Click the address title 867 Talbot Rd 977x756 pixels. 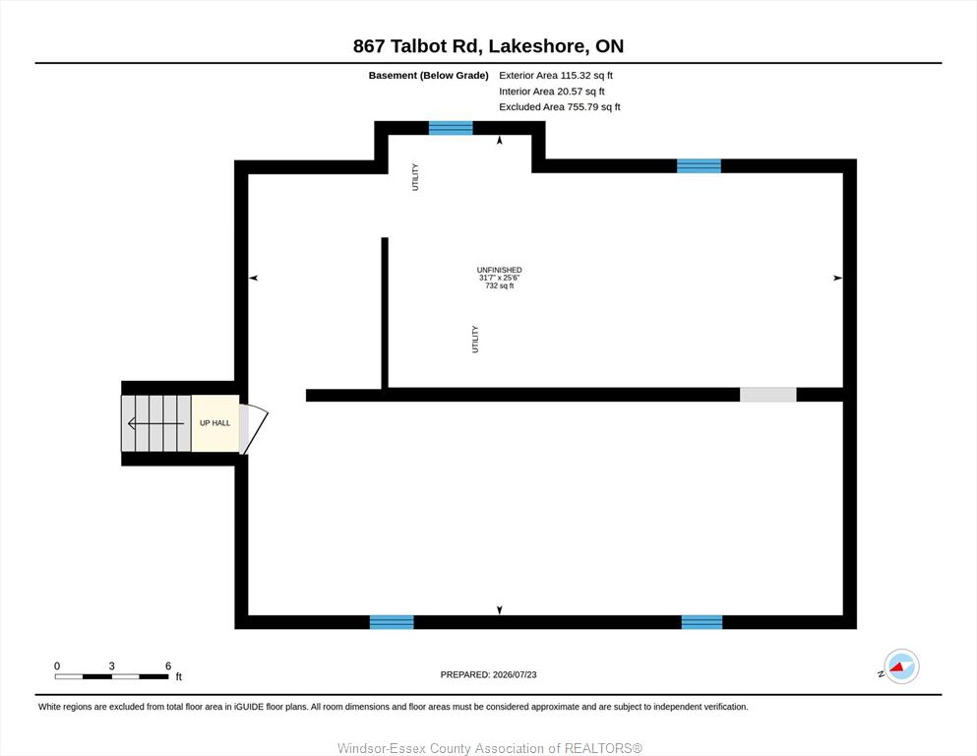coord(416,46)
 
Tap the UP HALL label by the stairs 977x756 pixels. coord(214,423)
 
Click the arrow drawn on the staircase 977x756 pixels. coord(155,424)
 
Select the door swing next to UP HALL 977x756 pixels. coord(254,429)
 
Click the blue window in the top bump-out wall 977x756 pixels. coord(451,128)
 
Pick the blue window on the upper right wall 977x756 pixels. coord(699,165)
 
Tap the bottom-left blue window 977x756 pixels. coord(392,622)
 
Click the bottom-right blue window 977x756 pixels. coord(702,622)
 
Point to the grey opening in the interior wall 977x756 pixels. coord(767,395)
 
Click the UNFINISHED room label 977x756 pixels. coord(499,270)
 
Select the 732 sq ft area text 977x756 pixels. coord(499,285)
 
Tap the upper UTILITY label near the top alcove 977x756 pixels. coord(415,177)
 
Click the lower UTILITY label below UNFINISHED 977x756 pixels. coord(475,339)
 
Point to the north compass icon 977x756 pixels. coord(901,666)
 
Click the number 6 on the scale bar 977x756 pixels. coord(168,665)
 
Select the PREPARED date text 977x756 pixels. coord(488,674)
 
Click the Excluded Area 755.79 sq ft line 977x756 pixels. coord(560,106)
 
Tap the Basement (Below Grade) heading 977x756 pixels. coord(428,76)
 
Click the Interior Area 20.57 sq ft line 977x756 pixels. coord(551,91)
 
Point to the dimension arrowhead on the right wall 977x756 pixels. coord(838,278)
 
